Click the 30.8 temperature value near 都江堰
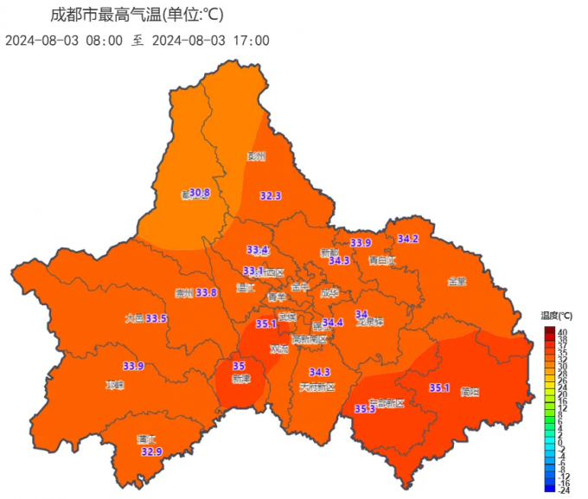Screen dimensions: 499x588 (x=201, y=192)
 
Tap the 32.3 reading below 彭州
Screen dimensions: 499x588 (x=271, y=196)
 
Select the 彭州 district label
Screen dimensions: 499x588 (x=256, y=157)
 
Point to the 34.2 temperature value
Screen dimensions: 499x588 (x=407, y=239)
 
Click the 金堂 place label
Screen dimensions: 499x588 (x=457, y=281)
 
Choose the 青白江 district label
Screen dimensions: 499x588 (x=381, y=259)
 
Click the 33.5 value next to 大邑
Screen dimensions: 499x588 (x=157, y=318)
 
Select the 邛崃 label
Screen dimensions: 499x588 (x=115, y=385)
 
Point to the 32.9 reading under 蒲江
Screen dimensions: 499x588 (x=151, y=451)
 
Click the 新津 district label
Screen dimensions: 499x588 (x=242, y=379)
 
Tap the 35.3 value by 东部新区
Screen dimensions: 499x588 (x=365, y=408)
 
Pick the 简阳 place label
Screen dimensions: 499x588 (x=470, y=391)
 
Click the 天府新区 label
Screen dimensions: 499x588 (x=316, y=386)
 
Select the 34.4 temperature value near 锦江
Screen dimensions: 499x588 (x=333, y=322)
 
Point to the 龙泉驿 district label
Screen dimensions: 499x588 (x=368, y=322)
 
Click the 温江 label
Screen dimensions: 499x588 (x=246, y=288)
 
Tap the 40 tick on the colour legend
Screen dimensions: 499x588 (x=561, y=332)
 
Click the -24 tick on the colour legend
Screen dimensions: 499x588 (x=563, y=488)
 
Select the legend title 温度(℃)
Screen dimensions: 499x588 (x=556, y=317)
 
